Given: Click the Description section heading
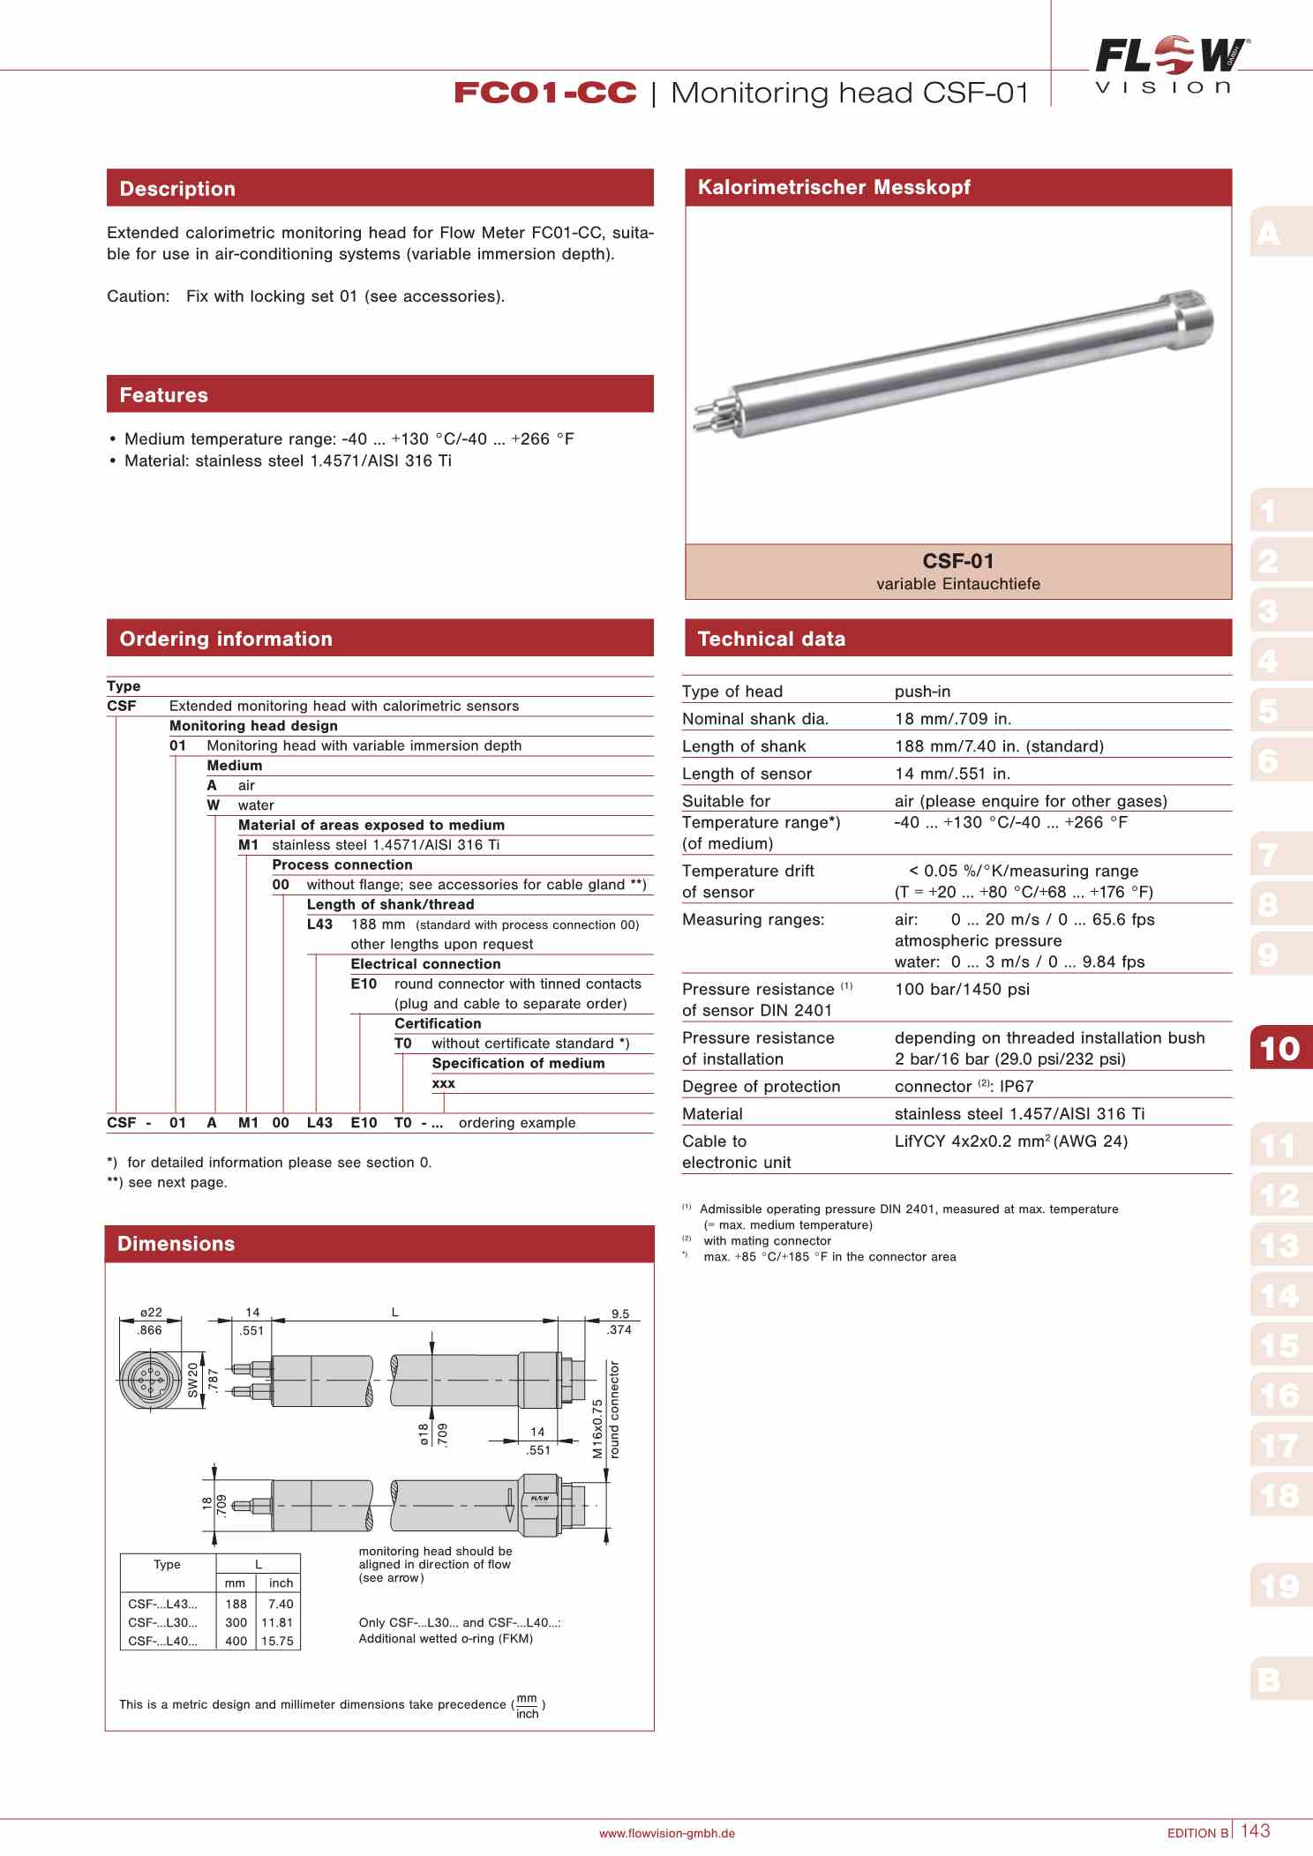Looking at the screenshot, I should (177, 189).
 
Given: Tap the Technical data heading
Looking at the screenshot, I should (770, 639).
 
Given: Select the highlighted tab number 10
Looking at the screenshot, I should (1279, 1048).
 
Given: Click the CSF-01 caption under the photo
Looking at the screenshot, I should (957, 562).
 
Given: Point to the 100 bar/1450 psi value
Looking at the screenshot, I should (962, 989).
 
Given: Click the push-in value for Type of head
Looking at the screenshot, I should (922, 692).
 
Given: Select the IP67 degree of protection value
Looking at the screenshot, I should (1016, 1086).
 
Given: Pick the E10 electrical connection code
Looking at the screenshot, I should (364, 984).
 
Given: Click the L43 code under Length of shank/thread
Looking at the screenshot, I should (319, 924).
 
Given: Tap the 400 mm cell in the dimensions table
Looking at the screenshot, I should (236, 1641).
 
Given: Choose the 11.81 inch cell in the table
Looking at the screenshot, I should (277, 1622).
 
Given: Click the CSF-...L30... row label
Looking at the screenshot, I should (163, 1622).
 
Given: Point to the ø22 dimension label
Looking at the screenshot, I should (151, 1313).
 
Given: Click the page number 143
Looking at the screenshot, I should (1255, 1830).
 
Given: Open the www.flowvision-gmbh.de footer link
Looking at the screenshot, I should (666, 1833).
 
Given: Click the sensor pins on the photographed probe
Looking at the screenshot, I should (709, 416).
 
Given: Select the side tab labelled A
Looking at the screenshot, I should (1269, 234).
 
